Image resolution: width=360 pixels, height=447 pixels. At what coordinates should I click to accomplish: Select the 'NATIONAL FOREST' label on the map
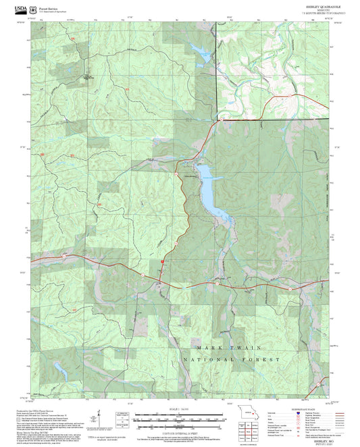tap(231, 360)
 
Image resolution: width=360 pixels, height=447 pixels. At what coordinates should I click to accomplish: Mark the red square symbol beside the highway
tap(163, 262)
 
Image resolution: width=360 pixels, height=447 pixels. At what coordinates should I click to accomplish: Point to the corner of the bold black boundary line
tap(216, 120)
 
